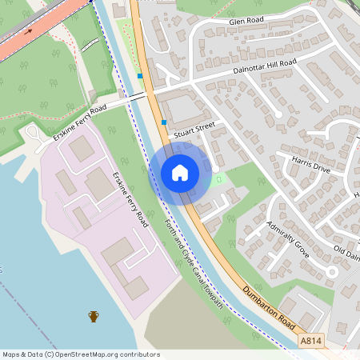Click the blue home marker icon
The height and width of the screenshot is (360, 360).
click(180, 173)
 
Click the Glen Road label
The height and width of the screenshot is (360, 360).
click(246, 21)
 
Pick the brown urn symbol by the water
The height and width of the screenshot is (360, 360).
click(94, 317)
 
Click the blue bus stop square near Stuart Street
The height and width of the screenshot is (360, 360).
click(164, 122)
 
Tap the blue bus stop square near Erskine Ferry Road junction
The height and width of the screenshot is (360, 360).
click(140, 76)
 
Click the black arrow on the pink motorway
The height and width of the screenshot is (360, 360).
click(30, 32)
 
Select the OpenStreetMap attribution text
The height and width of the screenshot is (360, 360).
click(81, 354)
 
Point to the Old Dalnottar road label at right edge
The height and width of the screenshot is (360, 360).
click(346, 254)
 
